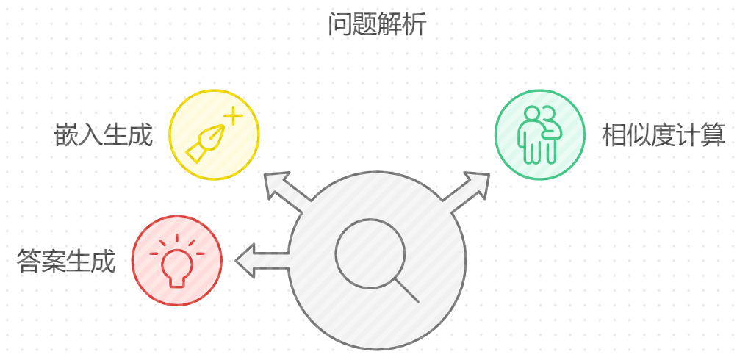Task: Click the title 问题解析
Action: point(376,26)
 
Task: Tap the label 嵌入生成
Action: point(104,136)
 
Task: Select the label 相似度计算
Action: point(663,136)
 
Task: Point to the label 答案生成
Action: point(66,261)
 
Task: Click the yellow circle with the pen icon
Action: point(214,134)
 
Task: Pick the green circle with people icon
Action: point(539,134)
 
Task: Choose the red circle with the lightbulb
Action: point(176,260)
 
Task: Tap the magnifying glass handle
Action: point(406,289)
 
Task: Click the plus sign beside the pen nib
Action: point(232,117)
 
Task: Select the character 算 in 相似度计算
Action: point(713,136)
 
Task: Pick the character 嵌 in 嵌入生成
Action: point(67,136)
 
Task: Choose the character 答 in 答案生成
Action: point(29,261)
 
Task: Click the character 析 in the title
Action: point(414,26)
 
